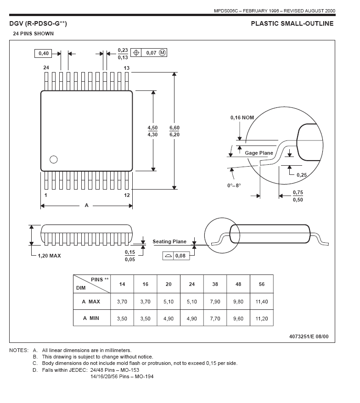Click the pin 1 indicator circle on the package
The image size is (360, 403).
(x=53, y=160)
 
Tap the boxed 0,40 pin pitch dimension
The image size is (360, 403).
(x=44, y=53)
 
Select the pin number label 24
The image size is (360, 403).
(x=46, y=67)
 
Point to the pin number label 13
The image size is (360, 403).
(x=127, y=68)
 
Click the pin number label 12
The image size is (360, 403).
(x=127, y=195)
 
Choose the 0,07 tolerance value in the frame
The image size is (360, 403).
(x=152, y=53)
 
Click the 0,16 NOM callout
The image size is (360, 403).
(x=242, y=118)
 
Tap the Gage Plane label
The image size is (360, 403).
(x=259, y=153)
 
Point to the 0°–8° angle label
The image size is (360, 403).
(x=234, y=185)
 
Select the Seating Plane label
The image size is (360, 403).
(x=169, y=241)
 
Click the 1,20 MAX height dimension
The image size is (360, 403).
(x=49, y=256)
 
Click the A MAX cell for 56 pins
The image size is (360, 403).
(x=261, y=302)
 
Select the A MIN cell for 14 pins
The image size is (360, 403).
(x=122, y=318)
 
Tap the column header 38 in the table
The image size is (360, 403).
(x=215, y=284)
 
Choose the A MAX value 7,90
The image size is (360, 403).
(x=215, y=302)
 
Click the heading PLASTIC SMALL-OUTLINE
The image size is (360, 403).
(x=292, y=23)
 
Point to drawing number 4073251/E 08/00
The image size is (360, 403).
(x=309, y=336)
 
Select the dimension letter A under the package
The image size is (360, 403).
(x=86, y=205)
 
